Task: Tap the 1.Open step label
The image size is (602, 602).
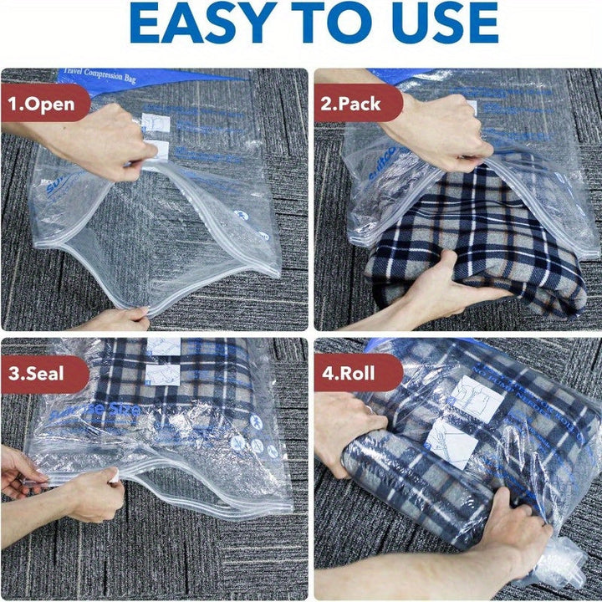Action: (x=42, y=105)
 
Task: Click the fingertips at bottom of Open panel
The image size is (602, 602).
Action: (x=121, y=319)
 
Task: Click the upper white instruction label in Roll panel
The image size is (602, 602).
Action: (x=477, y=398)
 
